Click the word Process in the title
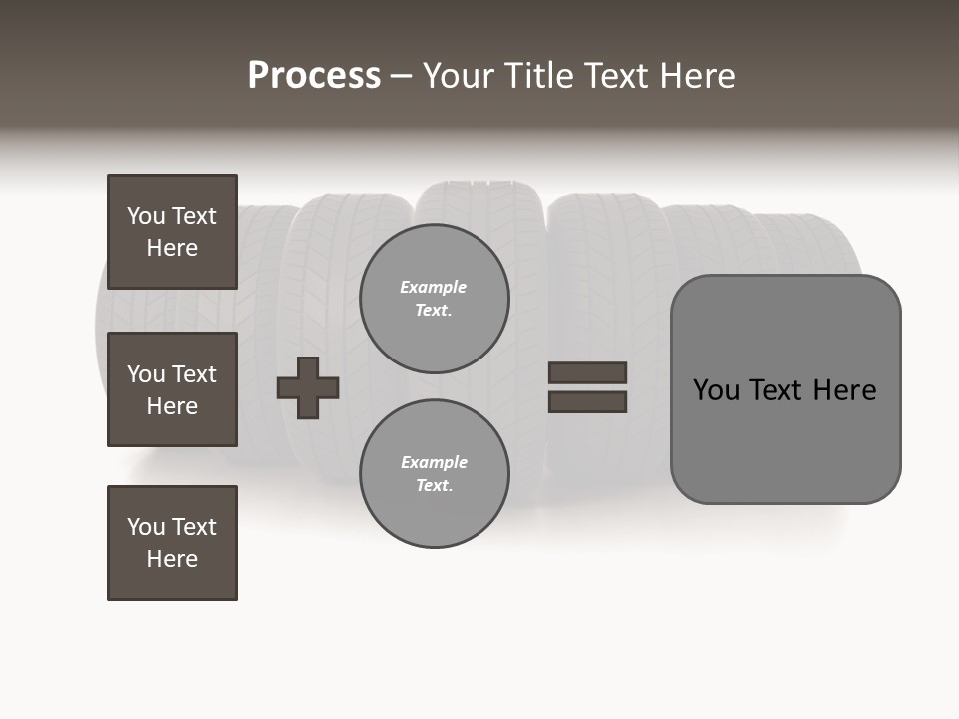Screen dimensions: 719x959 [x=314, y=76]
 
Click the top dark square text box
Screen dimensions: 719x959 [x=172, y=232]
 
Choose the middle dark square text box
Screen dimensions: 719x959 [x=172, y=389]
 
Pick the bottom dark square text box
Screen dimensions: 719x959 [x=172, y=543]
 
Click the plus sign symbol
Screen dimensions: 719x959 [x=308, y=387]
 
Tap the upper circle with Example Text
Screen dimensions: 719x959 [x=434, y=299]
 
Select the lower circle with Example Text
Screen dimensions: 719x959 [x=434, y=474]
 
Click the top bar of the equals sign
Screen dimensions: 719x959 [x=587, y=372]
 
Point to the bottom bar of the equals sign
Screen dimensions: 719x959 [x=587, y=401]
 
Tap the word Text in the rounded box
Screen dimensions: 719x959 [x=777, y=390]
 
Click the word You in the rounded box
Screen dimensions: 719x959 [x=717, y=390]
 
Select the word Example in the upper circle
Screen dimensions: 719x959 [x=434, y=288]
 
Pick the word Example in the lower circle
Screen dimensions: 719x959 [x=434, y=463]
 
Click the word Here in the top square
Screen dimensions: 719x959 [x=172, y=248]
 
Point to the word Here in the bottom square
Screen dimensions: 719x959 [x=172, y=559]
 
